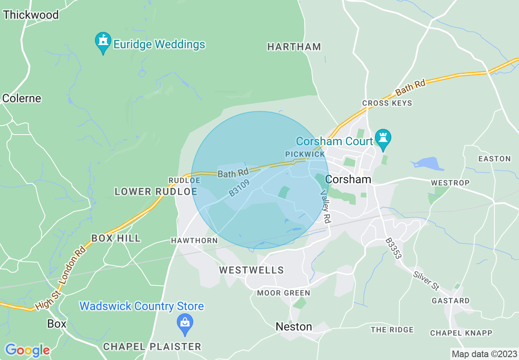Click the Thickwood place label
[31, 15]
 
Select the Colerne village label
[22, 99]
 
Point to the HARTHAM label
[294, 47]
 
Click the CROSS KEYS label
[387, 103]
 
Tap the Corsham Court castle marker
[383, 139]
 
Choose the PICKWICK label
[305, 154]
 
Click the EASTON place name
[494, 159]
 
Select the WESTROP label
[450, 182]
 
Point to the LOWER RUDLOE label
[156, 191]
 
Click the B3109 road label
[239, 187]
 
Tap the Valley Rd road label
[325, 207]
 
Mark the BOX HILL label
[116, 238]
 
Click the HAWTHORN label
[194, 241]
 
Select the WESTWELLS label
[251, 270]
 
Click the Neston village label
[293, 326]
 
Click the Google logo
[27, 350]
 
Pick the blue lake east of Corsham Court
[428, 164]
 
